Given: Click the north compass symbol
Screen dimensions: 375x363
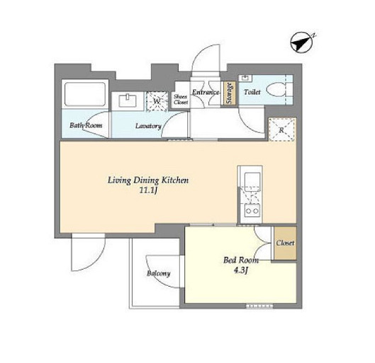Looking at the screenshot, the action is click(x=302, y=42).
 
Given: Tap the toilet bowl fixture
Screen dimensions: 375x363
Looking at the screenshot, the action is click(x=276, y=90).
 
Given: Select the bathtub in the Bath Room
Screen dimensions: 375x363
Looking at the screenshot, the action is click(x=85, y=94).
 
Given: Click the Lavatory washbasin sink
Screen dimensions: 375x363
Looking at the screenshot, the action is click(x=128, y=101).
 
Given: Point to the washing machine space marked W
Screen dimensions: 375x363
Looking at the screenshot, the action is click(x=157, y=101).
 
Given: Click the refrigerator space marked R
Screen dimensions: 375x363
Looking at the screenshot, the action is click(x=281, y=129).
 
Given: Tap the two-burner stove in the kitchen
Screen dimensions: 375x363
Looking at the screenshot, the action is click(x=252, y=211).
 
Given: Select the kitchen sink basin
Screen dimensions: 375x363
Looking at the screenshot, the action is click(x=252, y=180).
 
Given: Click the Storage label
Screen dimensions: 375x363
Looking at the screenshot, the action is click(x=230, y=93).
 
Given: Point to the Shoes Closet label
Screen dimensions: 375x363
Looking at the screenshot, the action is click(x=181, y=99).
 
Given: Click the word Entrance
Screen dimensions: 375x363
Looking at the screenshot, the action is click(x=206, y=92).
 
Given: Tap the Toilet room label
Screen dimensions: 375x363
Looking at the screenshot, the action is click(x=252, y=92).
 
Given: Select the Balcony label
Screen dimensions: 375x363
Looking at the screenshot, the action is click(x=159, y=273).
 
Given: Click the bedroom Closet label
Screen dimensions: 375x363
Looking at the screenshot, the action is click(x=285, y=243).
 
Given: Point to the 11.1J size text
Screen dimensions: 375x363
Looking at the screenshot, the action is click(x=148, y=190).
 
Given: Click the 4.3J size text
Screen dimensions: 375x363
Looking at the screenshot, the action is click(x=241, y=270).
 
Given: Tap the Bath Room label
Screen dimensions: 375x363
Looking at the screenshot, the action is click(x=86, y=125).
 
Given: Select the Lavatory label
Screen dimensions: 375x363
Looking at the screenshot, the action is click(x=148, y=126).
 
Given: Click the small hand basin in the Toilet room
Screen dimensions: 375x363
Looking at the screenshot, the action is click(x=245, y=78).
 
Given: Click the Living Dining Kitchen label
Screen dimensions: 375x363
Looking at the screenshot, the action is click(x=148, y=180).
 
